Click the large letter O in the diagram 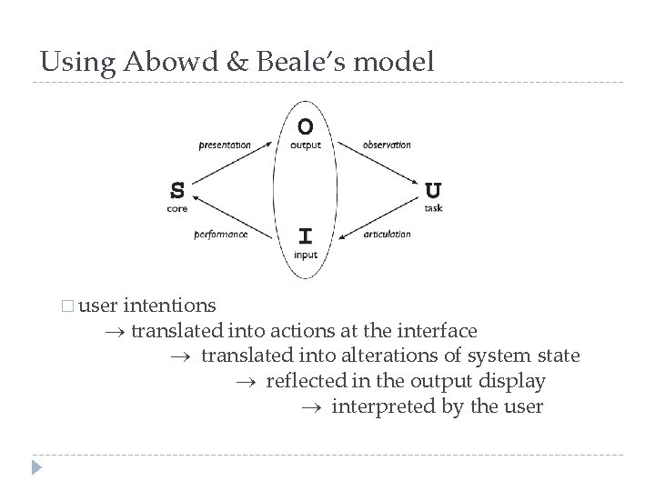coord(307,125)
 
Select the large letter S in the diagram coord(178,190)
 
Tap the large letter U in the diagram coord(434,190)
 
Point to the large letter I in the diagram coord(307,236)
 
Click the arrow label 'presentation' coord(224,145)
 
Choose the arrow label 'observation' coord(387,145)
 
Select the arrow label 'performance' coord(220,235)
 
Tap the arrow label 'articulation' coord(387,235)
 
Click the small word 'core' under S coord(177,208)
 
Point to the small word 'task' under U coord(433,208)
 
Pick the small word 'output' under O coord(306,145)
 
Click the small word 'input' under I coord(306,256)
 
